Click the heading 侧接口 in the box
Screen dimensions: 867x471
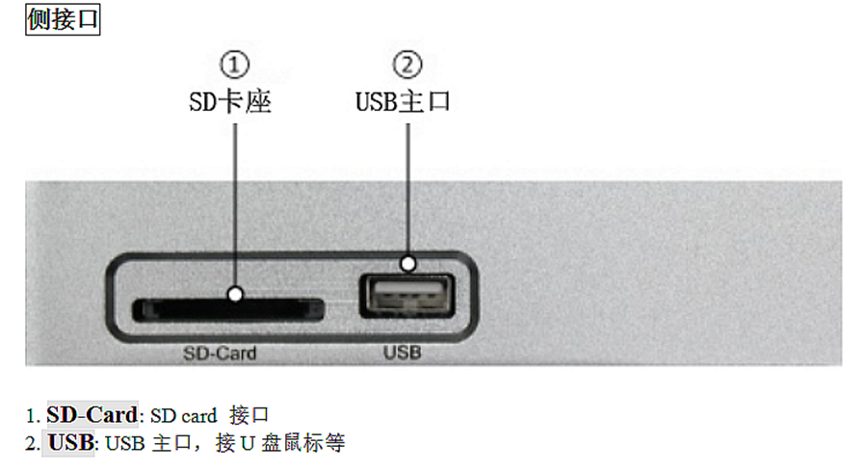pyautogui.click(x=63, y=19)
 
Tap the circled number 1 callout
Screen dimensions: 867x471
pyautogui.click(x=235, y=65)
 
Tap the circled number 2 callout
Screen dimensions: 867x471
pyautogui.click(x=408, y=65)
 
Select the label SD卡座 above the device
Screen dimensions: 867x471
pyautogui.click(x=231, y=100)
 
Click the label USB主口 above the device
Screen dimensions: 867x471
pyautogui.click(x=404, y=100)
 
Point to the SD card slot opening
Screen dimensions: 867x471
pyautogui.click(x=227, y=309)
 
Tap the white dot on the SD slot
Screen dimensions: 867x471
pyautogui.click(x=235, y=294)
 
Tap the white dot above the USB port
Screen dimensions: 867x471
pyautogui.click(x=408, y=262)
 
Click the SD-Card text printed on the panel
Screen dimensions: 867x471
pyautogui.click(x=220, y=353)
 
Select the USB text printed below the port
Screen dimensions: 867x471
pyautogui.click(x=402, y=353)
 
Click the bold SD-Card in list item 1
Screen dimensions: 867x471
pyautogui.click(x=92, y=415)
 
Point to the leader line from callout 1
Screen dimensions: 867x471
pyautogui.click(x=235, y=193)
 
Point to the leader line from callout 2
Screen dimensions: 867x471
pyautogui.click(x=408, y=183)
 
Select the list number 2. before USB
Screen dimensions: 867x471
pyautogui.click(x=32, y=443)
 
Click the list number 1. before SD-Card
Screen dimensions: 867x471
pyautogui.click(x=32, y=415)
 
